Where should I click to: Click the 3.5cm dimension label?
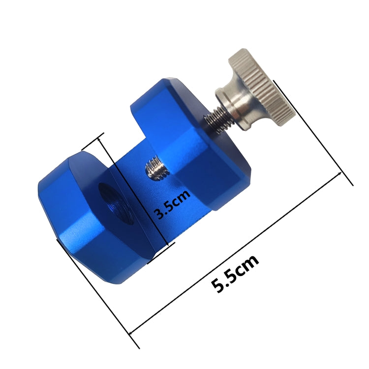pyautogui.click(x=172, y=206)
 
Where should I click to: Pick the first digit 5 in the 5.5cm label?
pyautogui.click(x=216, y=285)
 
